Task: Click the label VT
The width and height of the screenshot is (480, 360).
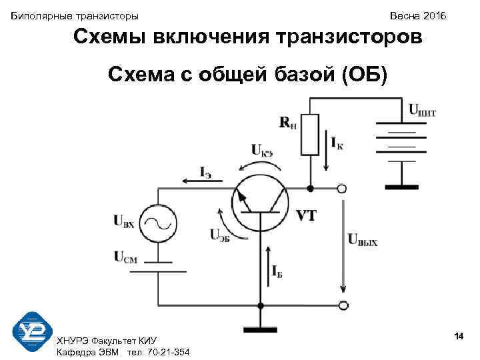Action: click(x=305, y=215)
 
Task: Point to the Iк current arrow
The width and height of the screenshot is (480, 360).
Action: click(x=327, y=141)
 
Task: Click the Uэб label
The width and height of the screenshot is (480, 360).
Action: click(x=219, y=235)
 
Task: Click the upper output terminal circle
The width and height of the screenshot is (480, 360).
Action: click(x=342, y=189)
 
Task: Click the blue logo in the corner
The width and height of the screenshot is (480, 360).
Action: click(x=31, y=330)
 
